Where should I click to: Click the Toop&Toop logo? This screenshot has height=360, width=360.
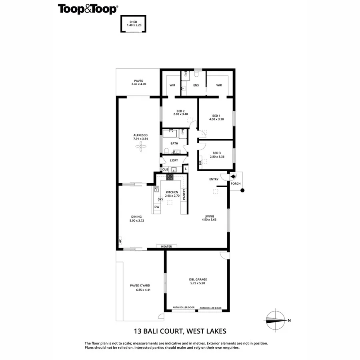tap(88, 9)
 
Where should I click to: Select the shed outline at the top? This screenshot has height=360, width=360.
tap(134, 23)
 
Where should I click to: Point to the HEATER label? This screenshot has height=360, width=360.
tap(166, 246)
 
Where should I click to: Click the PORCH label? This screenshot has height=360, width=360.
tap(235, 184)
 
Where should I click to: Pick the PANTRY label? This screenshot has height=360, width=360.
tap(184, 194)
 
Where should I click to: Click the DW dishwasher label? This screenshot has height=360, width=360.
tap(157, 207)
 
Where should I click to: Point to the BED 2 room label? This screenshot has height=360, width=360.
tap(180, 111)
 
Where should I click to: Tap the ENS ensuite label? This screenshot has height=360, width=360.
tap(196, 85)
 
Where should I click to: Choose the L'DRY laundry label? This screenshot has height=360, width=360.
tap(174, 160)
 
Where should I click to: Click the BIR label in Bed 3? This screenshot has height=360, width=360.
tap(200, 162)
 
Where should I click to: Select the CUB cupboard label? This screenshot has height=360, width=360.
tap(165, 170)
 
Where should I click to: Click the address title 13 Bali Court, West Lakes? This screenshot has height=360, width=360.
tap(180, 331)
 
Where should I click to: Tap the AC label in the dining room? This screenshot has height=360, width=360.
tap(120, 240)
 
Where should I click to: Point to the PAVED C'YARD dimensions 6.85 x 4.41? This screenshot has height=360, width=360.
tap(140, 290)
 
